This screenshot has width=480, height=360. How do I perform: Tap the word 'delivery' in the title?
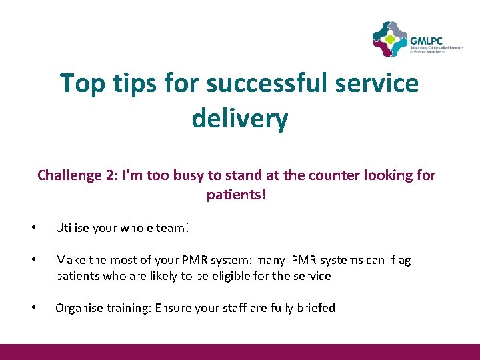(240, 119)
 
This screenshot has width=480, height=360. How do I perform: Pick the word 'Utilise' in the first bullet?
(72, 228)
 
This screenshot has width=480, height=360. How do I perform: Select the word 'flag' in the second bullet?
(401, 260)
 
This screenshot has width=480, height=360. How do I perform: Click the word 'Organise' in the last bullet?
(77, 308)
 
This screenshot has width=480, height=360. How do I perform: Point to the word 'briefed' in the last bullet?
(315, 308)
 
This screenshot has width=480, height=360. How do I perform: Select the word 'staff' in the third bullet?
(231, 308)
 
